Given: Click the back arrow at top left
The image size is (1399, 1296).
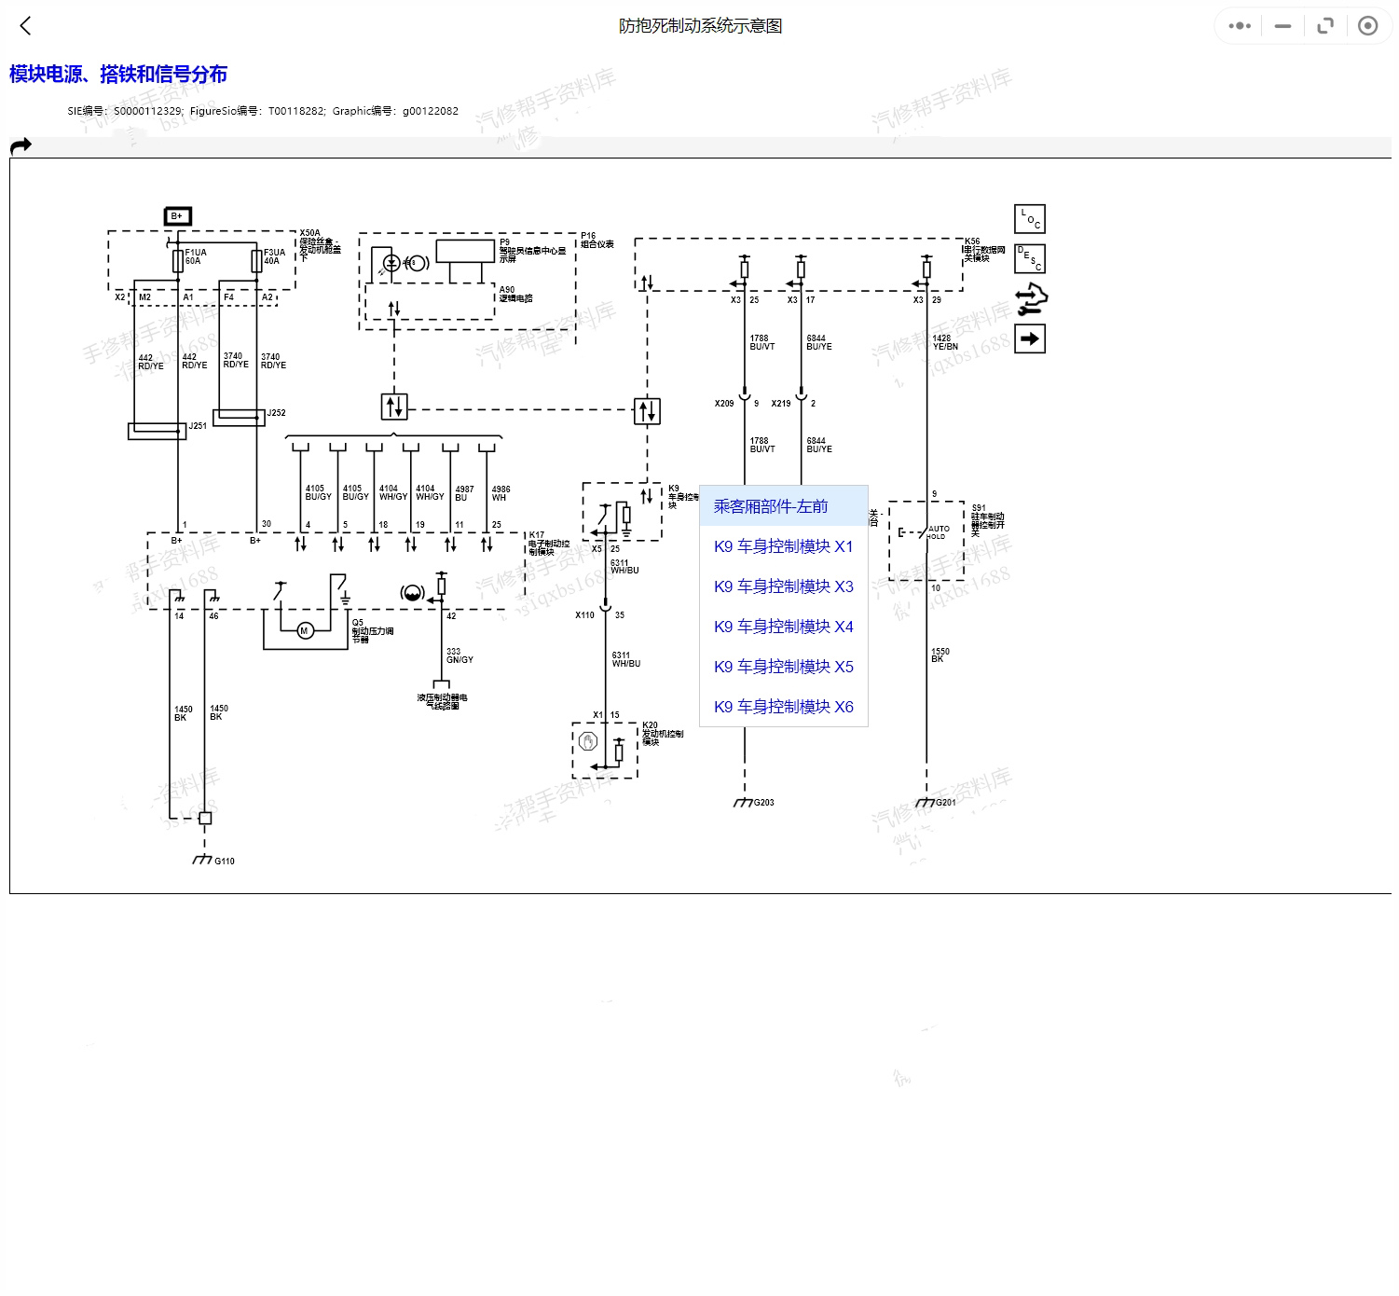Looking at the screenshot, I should click(25, 26).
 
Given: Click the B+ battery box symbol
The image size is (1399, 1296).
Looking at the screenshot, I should click(177, 216).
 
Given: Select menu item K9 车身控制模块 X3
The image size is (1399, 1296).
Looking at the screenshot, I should click(783, 586).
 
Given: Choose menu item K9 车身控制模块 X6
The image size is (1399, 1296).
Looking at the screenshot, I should click(783, 707).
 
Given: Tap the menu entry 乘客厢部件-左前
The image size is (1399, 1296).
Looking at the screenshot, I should click(771, 506).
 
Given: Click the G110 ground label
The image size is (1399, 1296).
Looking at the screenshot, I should click(225, 862).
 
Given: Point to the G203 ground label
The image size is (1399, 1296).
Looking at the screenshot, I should click(764, 803).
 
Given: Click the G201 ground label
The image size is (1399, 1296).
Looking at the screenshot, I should click(946, 803).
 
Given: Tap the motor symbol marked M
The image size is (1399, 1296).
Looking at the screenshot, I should click(304, 631).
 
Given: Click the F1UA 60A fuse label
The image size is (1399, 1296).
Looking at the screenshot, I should click(196, 256).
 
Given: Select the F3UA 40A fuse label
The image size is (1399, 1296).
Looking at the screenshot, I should click(274, 256).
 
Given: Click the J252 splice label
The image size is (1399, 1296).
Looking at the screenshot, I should click(277, 413).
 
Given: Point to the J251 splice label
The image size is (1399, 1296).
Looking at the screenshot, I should click(198, 426).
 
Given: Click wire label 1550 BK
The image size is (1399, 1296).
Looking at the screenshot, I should click(940, 655).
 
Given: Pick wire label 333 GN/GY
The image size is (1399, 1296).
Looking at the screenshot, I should click(459, 655).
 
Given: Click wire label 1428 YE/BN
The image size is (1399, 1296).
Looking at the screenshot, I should click(945, 342).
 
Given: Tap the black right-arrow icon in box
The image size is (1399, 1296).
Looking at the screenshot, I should click(1030, 338).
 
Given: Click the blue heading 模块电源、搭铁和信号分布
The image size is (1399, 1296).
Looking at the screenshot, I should click(118, 75).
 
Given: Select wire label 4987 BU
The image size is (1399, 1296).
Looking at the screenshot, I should click(464, 493).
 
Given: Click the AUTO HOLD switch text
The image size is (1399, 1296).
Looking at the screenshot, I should click(938, 532).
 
